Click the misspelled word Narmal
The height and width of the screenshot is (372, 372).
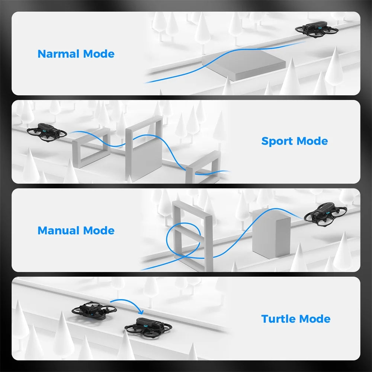point(59,54)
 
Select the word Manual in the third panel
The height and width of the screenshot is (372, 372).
point(59,231)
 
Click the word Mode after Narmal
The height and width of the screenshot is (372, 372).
point(99,54)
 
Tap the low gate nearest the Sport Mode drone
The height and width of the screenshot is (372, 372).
point(89,147)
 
